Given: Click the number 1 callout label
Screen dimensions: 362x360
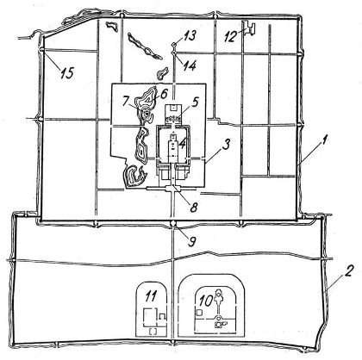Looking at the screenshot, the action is click(324, 141).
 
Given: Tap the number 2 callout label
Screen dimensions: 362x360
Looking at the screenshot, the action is click(348, 270).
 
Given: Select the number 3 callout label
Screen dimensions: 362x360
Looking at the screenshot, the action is click(226, 145).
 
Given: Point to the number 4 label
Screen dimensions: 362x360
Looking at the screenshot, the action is click(182, 143).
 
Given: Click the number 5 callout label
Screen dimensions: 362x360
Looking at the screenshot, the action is click(196, 102).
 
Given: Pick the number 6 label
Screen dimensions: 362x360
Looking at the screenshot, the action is click(164, 94).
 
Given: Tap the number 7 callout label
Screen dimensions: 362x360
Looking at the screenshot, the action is click(126, 102).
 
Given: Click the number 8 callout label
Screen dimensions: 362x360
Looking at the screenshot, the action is click(194, 208).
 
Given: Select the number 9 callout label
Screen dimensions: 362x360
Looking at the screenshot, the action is click(191, 240).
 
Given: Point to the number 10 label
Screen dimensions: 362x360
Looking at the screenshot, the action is click(205, 301).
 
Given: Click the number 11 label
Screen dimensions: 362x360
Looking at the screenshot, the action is click(150, 296).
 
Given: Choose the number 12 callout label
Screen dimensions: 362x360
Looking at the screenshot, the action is click(230, 36).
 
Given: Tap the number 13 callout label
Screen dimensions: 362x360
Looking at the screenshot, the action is click(190, 36).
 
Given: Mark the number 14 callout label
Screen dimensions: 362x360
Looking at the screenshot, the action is click(190, 65).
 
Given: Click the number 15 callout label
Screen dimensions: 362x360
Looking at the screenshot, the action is click(67, 73).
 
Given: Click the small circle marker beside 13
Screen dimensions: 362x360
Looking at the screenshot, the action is click(173, 44).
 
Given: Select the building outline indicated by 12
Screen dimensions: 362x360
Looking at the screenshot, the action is click(248, 28).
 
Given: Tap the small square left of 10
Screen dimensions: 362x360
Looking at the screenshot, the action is click(199, 313).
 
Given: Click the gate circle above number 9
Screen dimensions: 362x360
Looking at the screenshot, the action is click(173, 224).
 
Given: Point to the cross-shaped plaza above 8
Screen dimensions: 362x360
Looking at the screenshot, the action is click(172, 189).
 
